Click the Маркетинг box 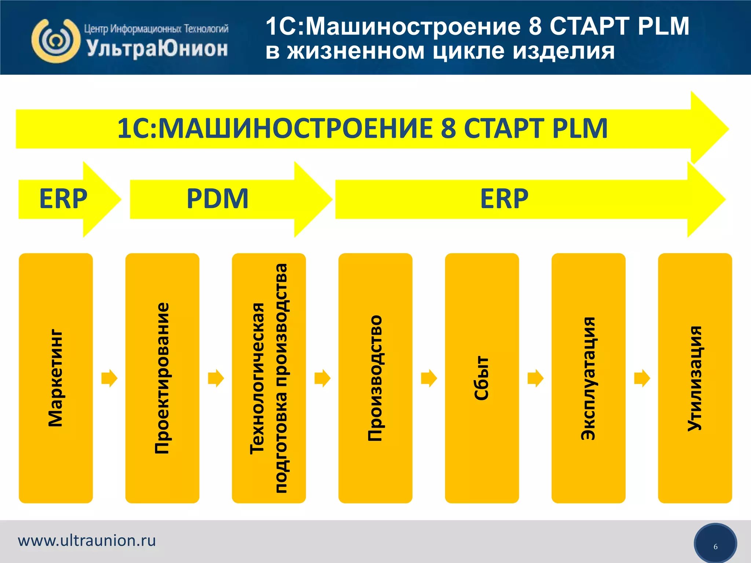(x=56, y=378)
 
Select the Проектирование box (x=162, y=378)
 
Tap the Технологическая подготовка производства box (x=269, y=378)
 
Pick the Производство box (x=375, y=378)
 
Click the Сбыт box (x=482, y=378)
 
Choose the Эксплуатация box (x=588, y=378)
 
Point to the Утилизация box (x=695, y=378)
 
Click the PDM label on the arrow (x=217, y=199)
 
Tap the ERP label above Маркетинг (x=63, y=199)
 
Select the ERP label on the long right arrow (x=504, y=199)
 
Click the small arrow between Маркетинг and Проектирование (x=109, y=378)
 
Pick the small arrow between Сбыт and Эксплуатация (x=535, y=378)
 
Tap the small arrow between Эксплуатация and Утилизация (x=642, y=378)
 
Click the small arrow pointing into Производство (x=322, y=378)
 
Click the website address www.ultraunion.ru (x=87, y=541)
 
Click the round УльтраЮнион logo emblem (x=56, y=41)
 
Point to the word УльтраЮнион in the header (x=157, y=49)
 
